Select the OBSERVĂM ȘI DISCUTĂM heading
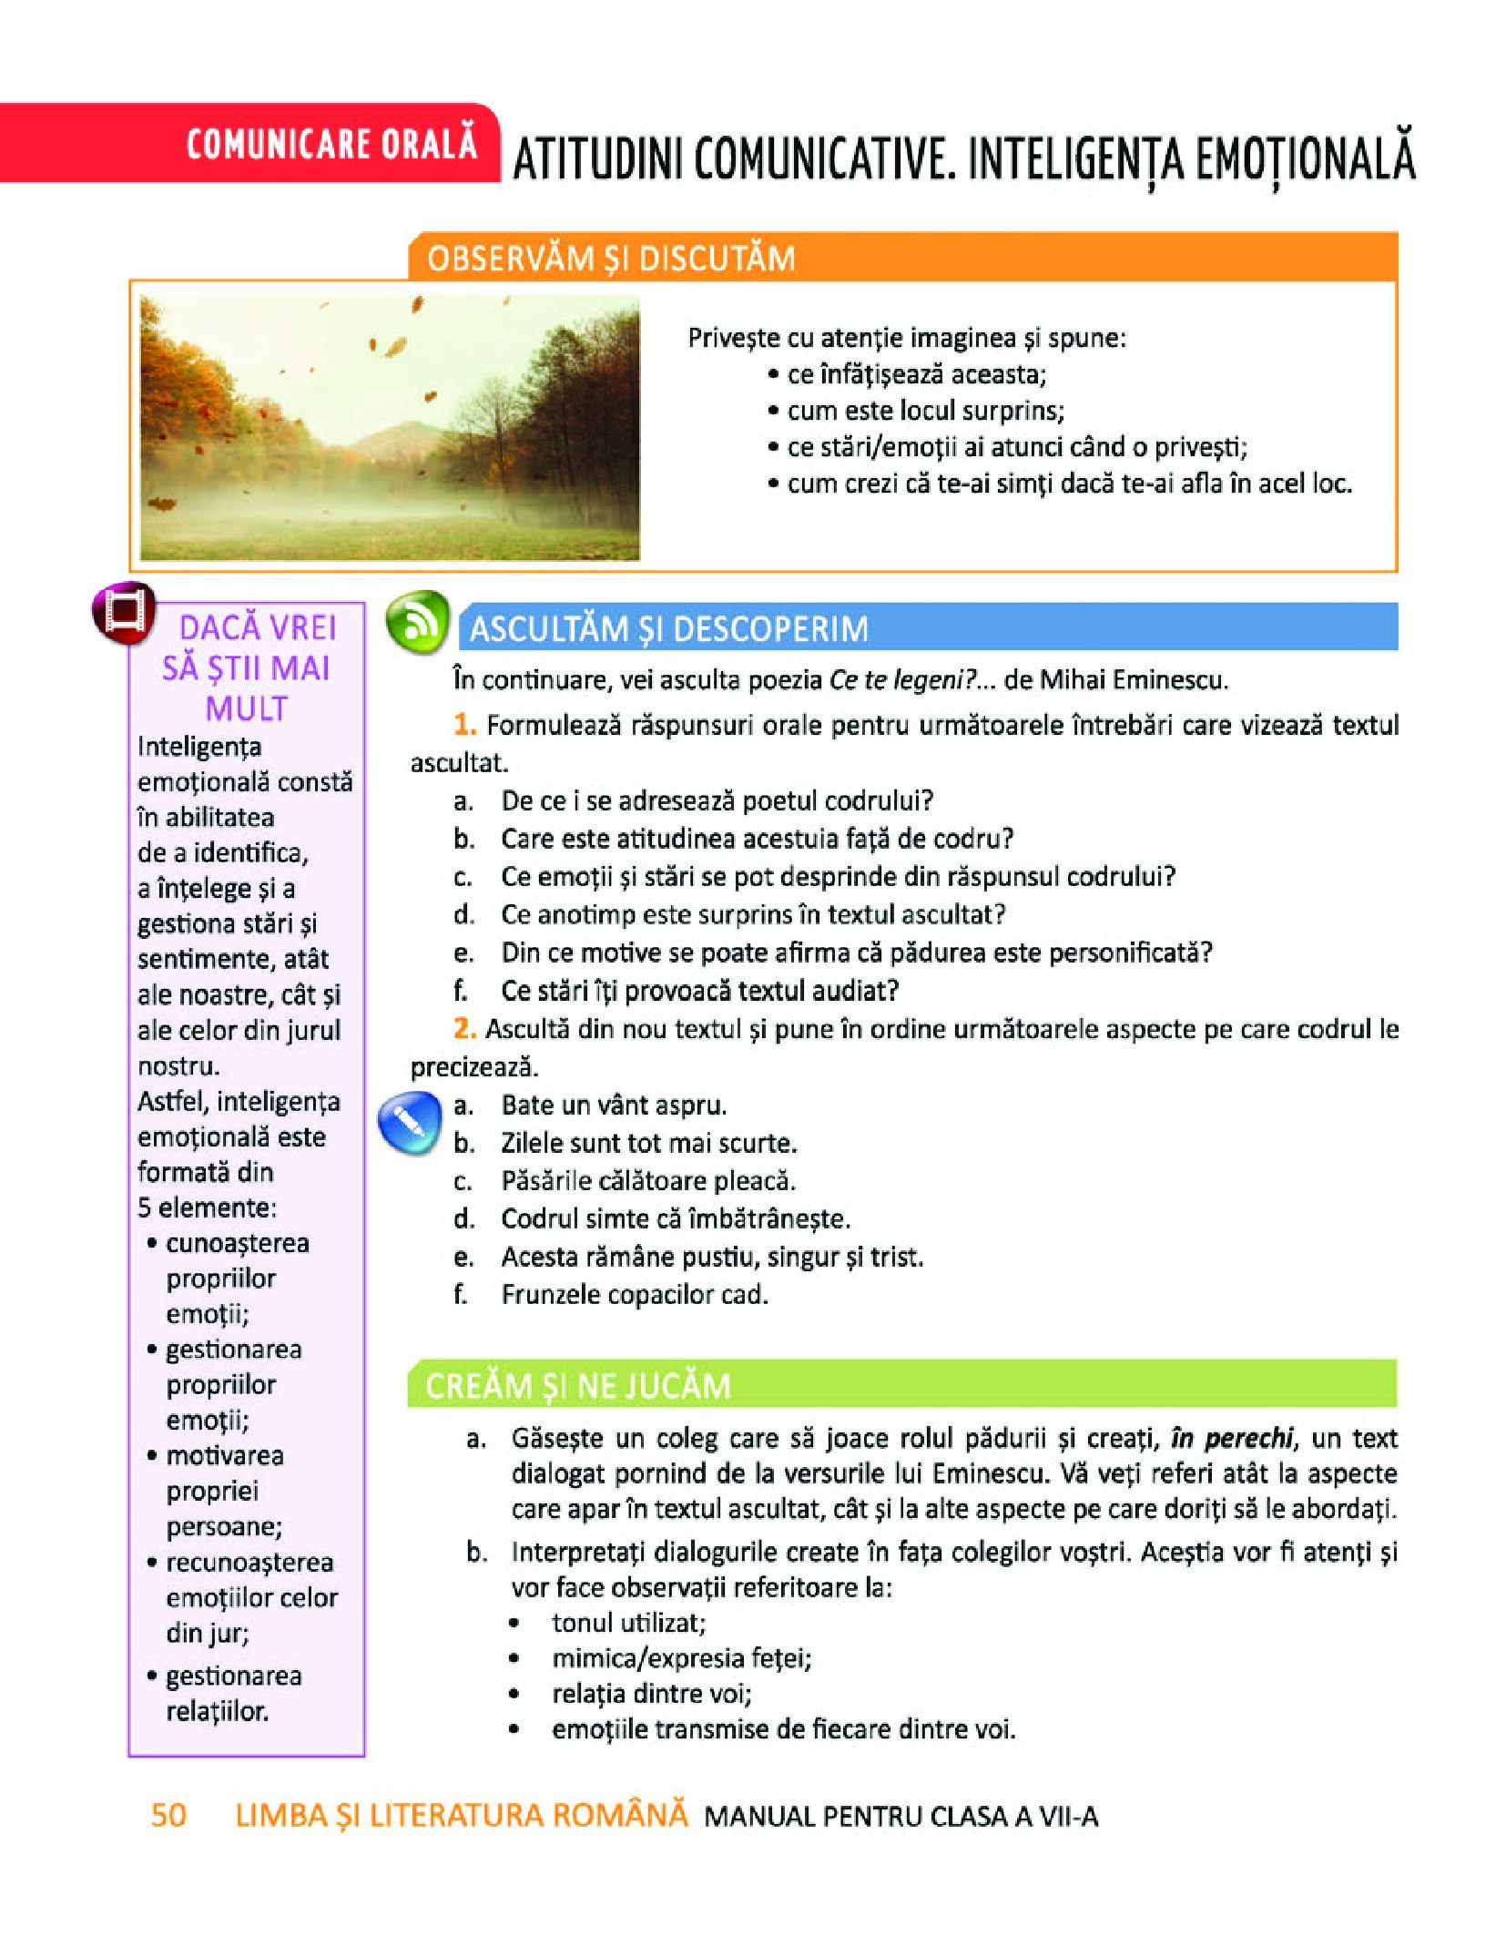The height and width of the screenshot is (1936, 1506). pyautogui.click(x=611, y=259)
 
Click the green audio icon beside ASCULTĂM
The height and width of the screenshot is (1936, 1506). pyautogui.click(x=417, y=622)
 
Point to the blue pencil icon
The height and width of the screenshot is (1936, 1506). pyautogui.click(x=409, y=1124)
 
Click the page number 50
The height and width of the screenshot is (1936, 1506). pyautogui.click(x=168, y=1815)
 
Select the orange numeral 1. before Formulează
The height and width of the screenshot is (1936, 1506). pyautogui.click(x=464, y=725)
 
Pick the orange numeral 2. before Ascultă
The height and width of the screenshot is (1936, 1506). pyautogui.click(x=464, y=1029)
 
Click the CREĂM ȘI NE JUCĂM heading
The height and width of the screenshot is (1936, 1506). pyautogui.click(x=578, y=1386)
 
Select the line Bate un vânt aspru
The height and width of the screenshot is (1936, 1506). pyautogui.click(x=614, y=1106)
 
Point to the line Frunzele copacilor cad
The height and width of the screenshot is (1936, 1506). pyautogui.click(x=635, y=1294)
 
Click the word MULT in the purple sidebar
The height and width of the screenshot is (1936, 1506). pyautogui.click(x=246, y=708)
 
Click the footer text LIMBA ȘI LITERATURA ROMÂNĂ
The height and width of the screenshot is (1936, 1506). pyautogui.click(x=461, y=1815)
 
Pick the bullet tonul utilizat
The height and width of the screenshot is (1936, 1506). pyautogui.click(x=628, y=1623)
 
